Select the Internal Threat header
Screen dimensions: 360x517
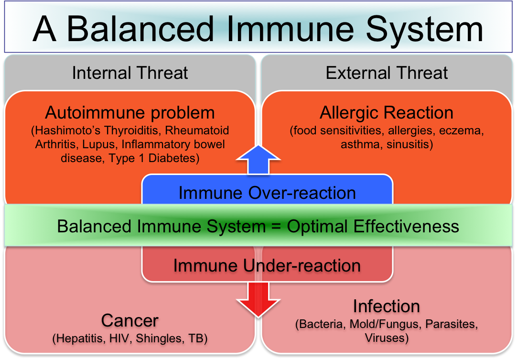pos(130,73)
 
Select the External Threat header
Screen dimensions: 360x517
pos(387,73)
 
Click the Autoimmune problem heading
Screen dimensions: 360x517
pos(130,113)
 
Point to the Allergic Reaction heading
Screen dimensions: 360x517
pos(387,113)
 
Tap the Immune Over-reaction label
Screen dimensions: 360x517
pos(267,193)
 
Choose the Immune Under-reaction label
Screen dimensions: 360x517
pos(267,265)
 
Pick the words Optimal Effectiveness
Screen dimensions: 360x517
pos(373,226)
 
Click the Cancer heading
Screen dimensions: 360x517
pos(130,320)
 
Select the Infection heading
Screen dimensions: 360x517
pos(387,306)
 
